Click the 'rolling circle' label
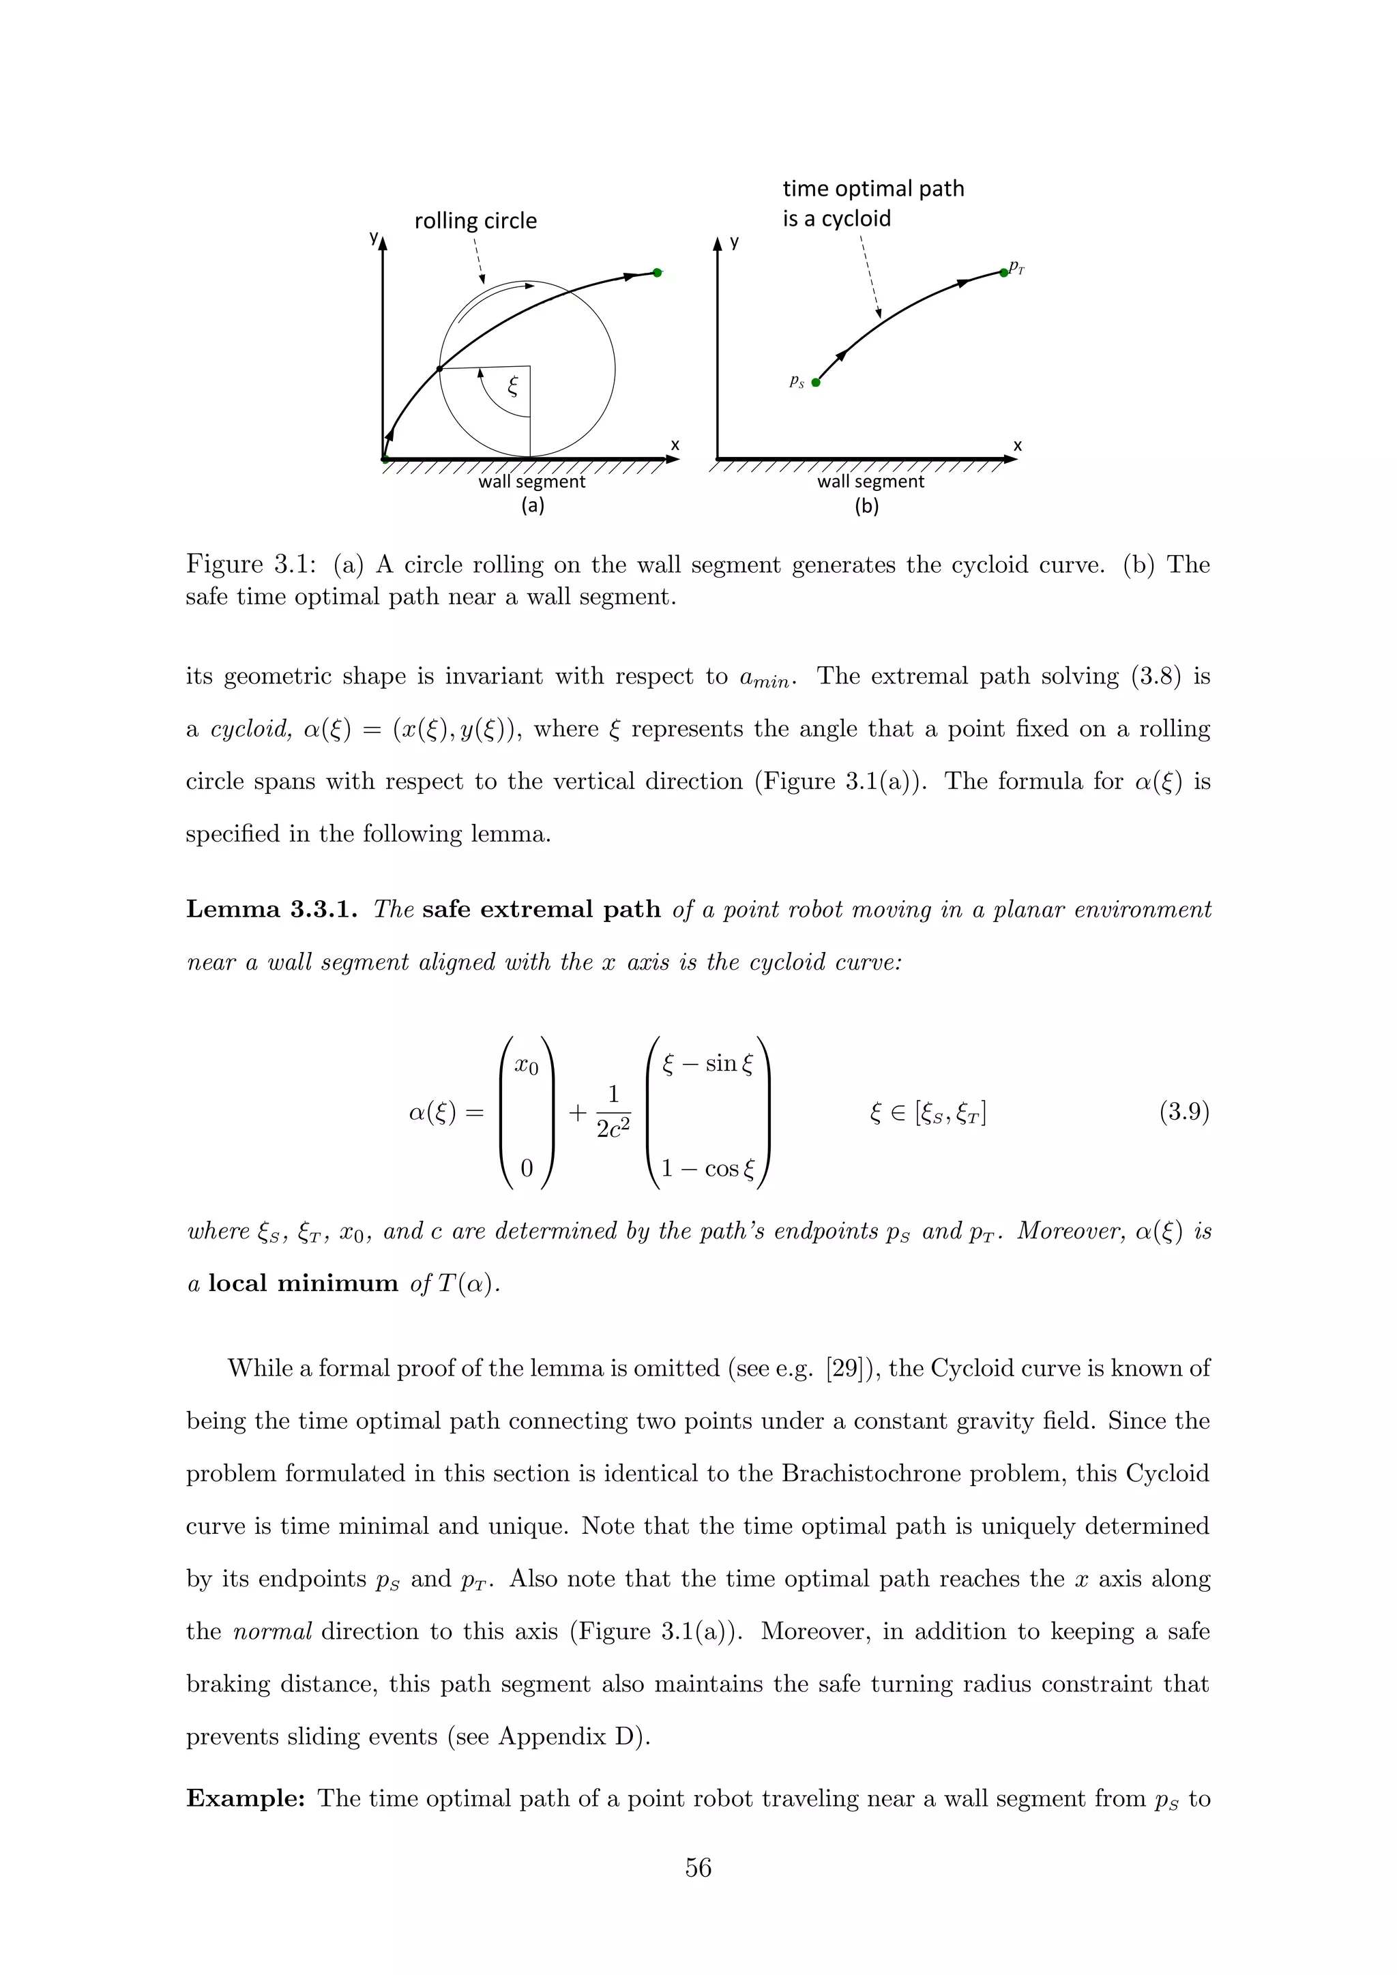click(x=475, y=221)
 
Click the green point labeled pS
click(x=816, y=383)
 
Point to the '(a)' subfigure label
click(x=533, y=506)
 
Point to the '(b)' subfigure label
click(x=866, y=507)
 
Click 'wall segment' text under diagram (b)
click(x=870, y=481)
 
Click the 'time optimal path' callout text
click(x=872, y=189)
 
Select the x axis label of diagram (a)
click(x=675, y=445)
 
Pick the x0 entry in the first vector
click(x=527, y=1066)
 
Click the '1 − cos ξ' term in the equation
click(x=707, y=1169)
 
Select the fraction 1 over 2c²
click(x=613, y=1112)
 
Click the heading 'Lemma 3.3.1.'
click(x=271, y=909)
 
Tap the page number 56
click(x=698, y=1867)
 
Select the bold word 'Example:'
click(x=246, y=1798)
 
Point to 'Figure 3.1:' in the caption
click(x=251, y=565)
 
